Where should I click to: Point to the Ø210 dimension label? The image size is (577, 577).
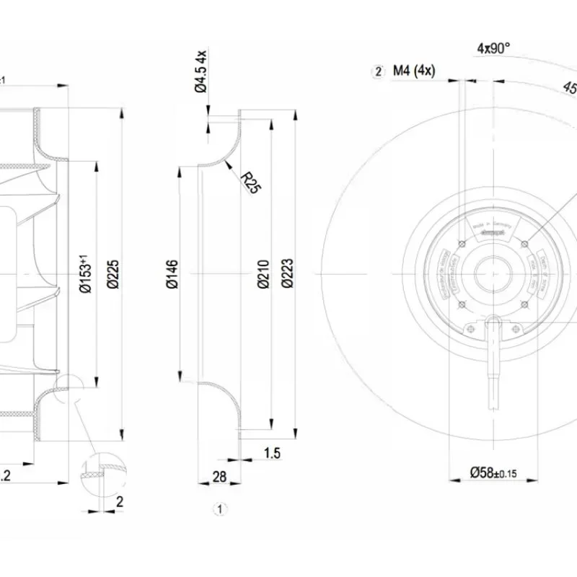pyautogui.click(x=262, y=273)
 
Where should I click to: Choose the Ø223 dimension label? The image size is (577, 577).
pyautogui.click(x=288, y=273)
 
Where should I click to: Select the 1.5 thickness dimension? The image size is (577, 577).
pyautogui.click(x=271, y=453)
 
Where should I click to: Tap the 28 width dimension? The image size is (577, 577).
pyautogui.click(x=219, y=477)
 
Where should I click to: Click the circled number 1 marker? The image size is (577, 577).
pyautogui.click(x=220, y=508)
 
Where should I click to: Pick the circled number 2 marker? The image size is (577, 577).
pyautogui.click(x=376, y=71)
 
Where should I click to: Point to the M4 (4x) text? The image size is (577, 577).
pyautogui.click(x=413, y=71)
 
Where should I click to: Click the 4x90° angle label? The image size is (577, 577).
pyautogui.click(x=493, y=48)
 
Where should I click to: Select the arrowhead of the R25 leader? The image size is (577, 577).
pyautogui.click(x=226, y=165)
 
